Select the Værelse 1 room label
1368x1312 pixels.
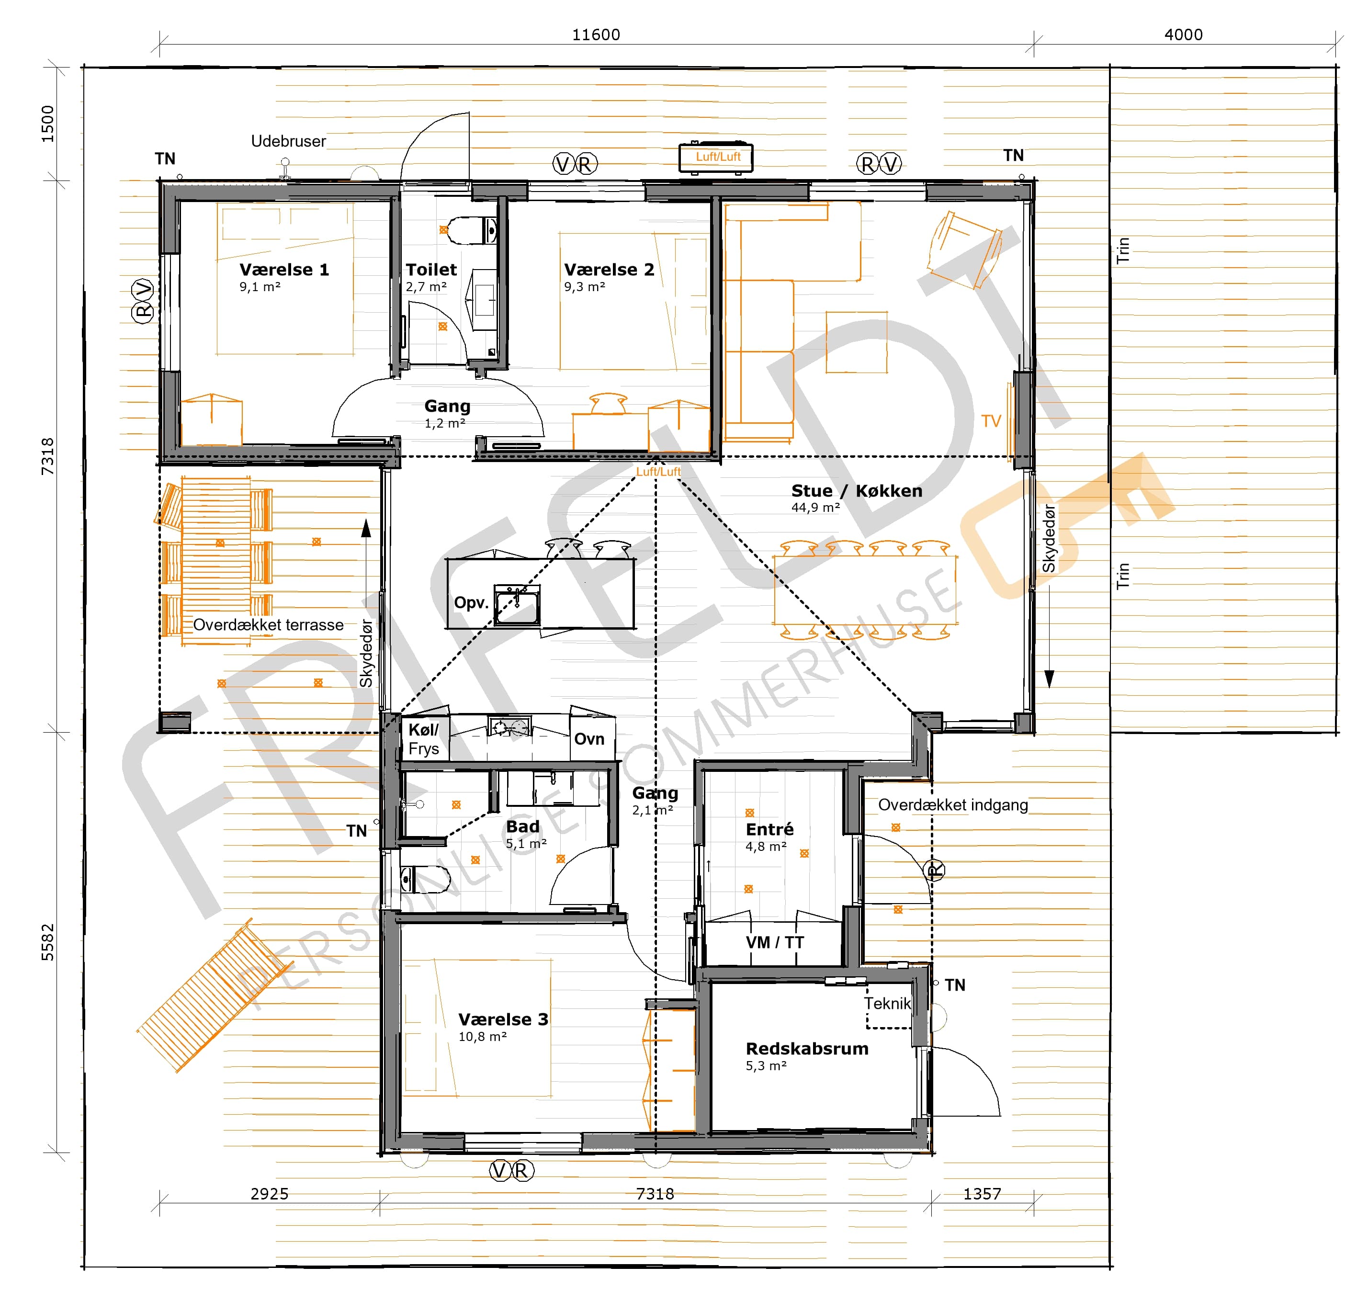[x=284, y=270]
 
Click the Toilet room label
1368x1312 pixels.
[x=431, y=270]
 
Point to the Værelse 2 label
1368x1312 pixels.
[x=610, y=270]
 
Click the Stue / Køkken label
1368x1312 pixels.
[x=857, y=491]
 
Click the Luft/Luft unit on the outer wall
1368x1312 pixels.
[x=716, y=157]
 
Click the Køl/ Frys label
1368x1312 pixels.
[x=424, y=739]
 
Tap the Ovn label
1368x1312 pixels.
[x=589, y=739]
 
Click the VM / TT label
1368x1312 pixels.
[x=775, y=942]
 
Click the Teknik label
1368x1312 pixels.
[x=887, y=1004]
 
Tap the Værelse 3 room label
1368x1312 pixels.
[x=503, y=1019]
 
